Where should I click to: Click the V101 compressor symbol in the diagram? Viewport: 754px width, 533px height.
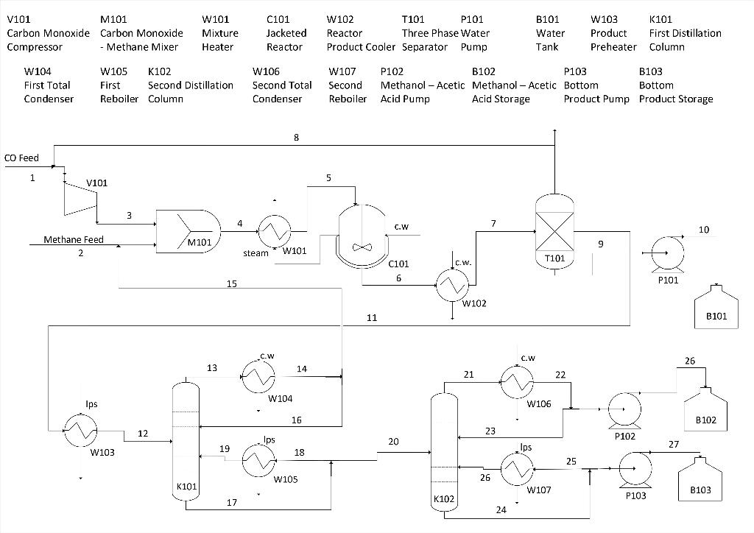coord(80,197)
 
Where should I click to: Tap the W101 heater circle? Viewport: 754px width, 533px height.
coord(273,233)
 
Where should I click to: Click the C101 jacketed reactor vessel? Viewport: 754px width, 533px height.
coord(361,233)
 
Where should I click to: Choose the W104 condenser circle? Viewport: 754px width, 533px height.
coord(258,377)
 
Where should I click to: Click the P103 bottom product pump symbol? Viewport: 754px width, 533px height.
coord(635,469)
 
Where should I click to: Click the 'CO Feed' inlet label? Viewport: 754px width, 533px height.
coord(21,158)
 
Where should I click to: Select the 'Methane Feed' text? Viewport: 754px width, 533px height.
coord(74,239)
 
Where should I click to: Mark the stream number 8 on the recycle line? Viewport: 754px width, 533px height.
coord(296,137)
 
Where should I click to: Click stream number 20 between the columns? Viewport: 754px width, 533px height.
coord(393,442)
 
